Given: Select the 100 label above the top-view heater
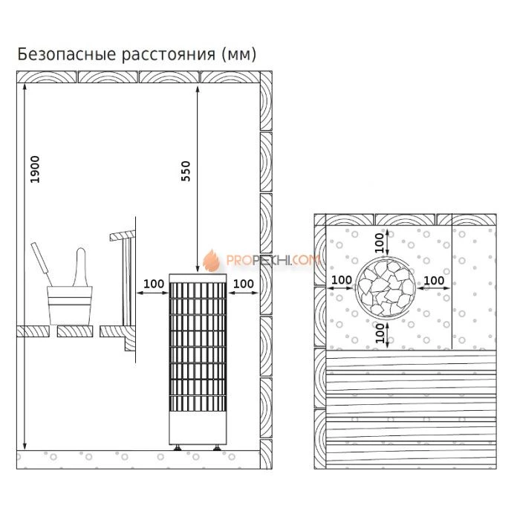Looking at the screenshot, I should point(380,241).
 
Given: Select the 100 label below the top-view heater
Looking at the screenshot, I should point(380,331).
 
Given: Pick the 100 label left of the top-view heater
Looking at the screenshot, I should point(342,280).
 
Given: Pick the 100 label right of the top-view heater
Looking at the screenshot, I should point(434,280).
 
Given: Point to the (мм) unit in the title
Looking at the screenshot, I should point(238,54).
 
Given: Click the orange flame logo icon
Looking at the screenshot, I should point(212,260).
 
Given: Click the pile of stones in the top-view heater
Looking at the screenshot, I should point(386,286).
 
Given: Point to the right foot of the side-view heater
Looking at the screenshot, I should point(216,447).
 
